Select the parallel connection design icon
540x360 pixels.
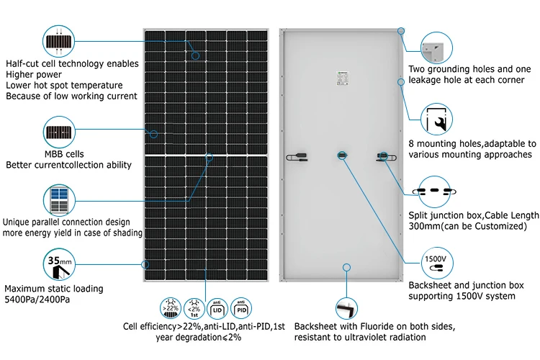pyautogui.click(x=59, y=199)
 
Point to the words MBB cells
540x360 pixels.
pyautogui.click(x=25, y=154)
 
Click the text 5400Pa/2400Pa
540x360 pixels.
pyautogui.click(x=37, y=300)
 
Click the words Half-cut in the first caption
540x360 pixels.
pyautogui.click(x=22, y=63)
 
